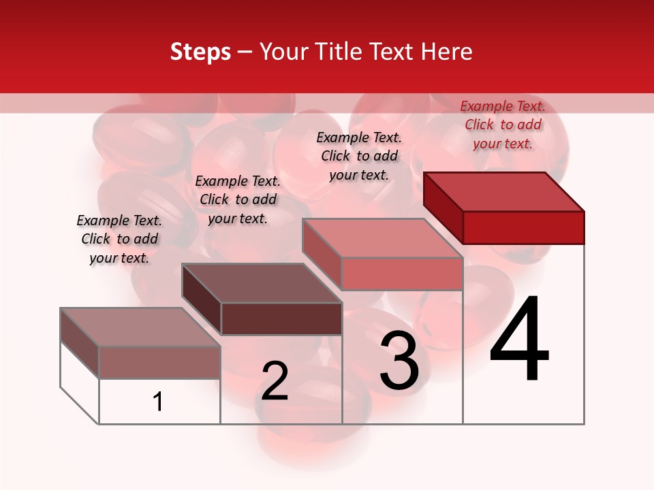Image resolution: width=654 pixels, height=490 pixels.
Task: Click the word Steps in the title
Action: click(x=200, y=52)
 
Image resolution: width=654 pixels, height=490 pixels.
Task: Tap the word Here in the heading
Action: click(x=447, y=52)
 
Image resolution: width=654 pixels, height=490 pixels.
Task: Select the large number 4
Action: click(x=519, y=340)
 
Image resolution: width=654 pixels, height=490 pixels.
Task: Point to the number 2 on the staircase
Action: click(x=275, y=381)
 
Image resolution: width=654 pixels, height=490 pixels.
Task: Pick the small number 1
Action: click(x=158, y=402)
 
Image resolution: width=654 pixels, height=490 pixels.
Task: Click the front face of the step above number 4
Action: click(x=523, y=227)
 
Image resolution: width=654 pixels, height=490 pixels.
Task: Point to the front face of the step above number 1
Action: click(x=159, y=362)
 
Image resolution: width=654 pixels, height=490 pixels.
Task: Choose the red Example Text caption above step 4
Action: click(x=503, y=125)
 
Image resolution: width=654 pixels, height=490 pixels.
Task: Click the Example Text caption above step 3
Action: click(x=359, y=156)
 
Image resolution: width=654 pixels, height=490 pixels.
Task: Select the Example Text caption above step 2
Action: click(x=238, y=199)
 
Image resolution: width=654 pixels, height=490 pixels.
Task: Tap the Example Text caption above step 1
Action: click(x=119, y=239)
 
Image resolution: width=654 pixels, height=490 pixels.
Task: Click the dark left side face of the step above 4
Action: click(x=443, y=207)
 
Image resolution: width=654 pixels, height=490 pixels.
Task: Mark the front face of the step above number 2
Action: click(x=281, y=318)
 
